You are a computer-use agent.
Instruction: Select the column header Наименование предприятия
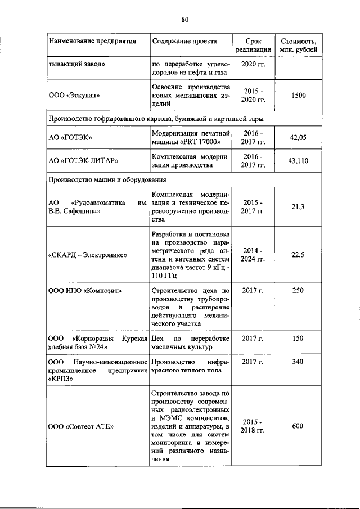tap(93, 42)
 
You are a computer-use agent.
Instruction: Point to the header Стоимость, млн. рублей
tap(298, 46)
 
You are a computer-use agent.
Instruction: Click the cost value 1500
tap(298, 96)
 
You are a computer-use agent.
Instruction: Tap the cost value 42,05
tap(298, 137)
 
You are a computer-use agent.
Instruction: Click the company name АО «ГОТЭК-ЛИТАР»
tap(83, 161)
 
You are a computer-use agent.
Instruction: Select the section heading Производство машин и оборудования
tap(107, 180)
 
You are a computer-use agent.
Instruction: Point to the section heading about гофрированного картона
tap(155, 119)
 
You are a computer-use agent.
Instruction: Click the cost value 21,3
tap(298, 208)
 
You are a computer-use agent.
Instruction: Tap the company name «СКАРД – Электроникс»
tap(87, 255)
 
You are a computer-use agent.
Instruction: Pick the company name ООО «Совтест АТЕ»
tap(81, 426)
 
